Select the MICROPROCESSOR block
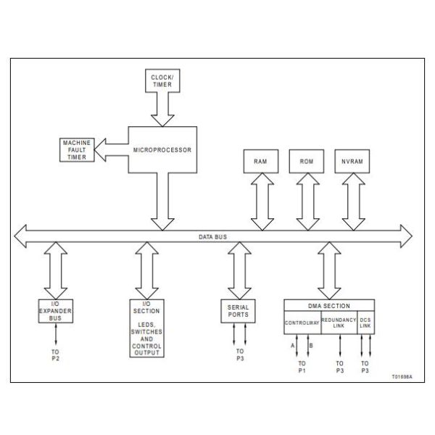tap(162, 151)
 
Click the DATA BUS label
tap(212, 236)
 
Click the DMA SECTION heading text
tap(330, 305)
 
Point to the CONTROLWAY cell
tap(302, 320)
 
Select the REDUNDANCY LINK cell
tap(339, 320)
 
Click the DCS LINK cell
tap(365, 320)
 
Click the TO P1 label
tap(303, 366)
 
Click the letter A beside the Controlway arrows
tap(293, 346)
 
